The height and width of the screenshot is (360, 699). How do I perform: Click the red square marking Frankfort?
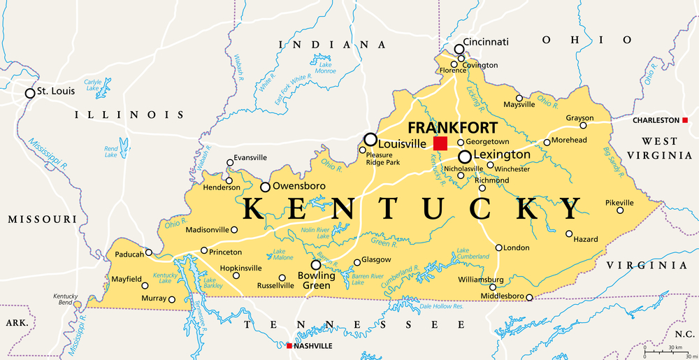coord(440,143)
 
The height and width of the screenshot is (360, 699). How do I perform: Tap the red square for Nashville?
coord(289,345)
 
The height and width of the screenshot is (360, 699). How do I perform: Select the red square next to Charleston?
coord(684,120)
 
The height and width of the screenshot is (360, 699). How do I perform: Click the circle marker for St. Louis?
coord(30,93)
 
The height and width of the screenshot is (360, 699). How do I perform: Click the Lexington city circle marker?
coord(464,157)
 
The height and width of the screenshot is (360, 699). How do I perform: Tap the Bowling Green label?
coord(317,280)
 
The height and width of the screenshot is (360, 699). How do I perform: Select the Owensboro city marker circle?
coord(266,187)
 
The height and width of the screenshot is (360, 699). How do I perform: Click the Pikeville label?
coord(619,203)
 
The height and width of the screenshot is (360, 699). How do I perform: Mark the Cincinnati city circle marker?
coord(459,49)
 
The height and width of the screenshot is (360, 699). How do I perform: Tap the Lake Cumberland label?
coord(473,254)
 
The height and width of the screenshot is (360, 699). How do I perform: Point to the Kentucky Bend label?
coord(66,299)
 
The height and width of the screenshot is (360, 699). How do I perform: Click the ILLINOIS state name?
coord(130,115)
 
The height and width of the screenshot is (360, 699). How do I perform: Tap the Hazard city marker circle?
coord(570,233)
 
